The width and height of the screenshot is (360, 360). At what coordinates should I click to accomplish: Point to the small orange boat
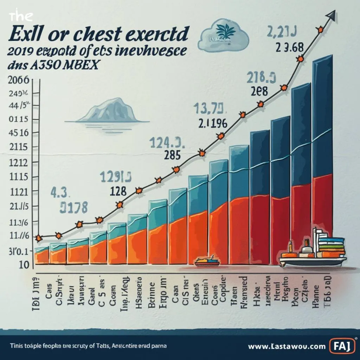tap(207, 261)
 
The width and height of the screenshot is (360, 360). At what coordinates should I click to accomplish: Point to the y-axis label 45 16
tap(17, 133)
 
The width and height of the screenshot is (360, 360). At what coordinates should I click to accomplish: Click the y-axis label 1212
tap(17, 163)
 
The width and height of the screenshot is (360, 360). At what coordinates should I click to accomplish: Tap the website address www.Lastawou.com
tap(287, 347)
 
